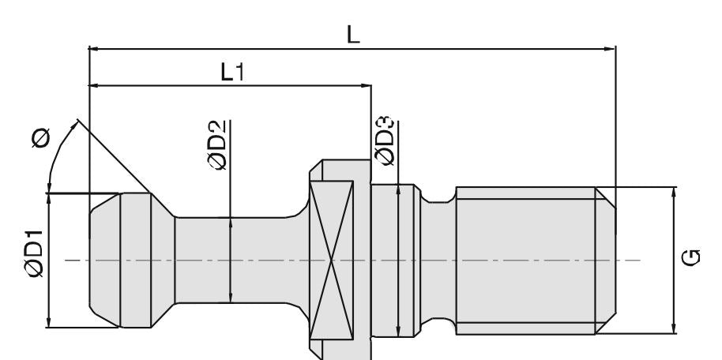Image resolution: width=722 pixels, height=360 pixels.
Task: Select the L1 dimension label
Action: click(232, 72)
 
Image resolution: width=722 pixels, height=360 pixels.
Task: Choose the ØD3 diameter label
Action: click(385, 141)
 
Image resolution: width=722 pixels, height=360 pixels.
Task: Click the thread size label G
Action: click(692, 258)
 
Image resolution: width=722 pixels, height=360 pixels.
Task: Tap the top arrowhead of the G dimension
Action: click(674, 193)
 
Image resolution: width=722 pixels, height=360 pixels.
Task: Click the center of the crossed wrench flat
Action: click(332, 259)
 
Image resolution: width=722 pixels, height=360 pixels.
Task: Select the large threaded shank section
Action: click(525, 259)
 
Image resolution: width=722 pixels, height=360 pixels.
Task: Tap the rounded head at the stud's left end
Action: click(118, 259)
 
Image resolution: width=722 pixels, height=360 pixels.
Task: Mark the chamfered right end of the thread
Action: click(606, 259)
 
